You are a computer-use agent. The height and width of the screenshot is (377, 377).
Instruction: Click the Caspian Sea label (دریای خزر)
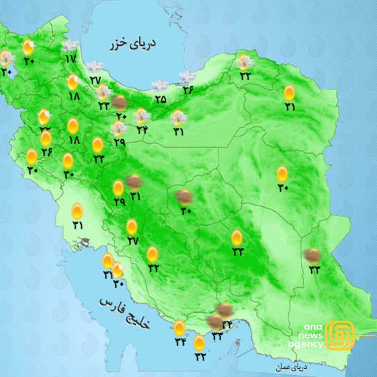click(x=133, y=44)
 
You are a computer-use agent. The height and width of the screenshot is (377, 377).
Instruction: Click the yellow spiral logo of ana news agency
click(x=341, y=335)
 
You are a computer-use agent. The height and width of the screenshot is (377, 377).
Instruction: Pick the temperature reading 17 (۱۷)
click(x=71, y=59)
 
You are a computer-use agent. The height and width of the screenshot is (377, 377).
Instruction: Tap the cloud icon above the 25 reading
click(x=160, y=86)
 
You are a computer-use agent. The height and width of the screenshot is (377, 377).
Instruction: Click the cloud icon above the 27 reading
click(x=95, y=67)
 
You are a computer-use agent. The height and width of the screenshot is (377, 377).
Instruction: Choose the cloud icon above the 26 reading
click(x=187, y=77)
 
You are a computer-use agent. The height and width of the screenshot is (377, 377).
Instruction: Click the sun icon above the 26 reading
click(x=46, y=138)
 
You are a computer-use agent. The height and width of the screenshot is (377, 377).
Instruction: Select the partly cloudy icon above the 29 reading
click(x=119, y=128)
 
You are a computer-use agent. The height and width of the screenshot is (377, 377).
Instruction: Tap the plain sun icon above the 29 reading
click(x=118, y=188)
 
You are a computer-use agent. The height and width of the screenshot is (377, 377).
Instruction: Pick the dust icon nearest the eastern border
click(x=312, y=256)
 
